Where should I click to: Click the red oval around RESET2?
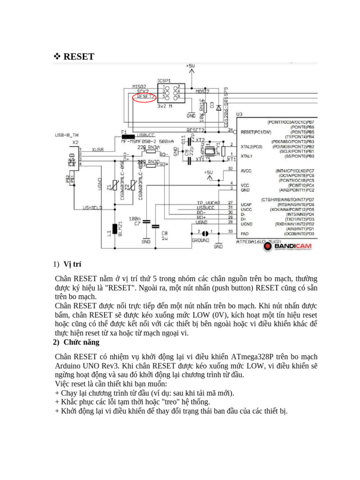pyautogui.click(x=144, y=97)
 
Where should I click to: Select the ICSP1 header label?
pyautogui.click(x=164, y=80)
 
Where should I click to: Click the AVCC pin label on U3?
pyautogui.click(x=246, y=171)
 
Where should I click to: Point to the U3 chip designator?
pyautogui.click(x=240, y=114)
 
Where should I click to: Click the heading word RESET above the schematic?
pyautogui.click(x=79, y=57)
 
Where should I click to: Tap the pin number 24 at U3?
pyautogui.click(x=231, y=129)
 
